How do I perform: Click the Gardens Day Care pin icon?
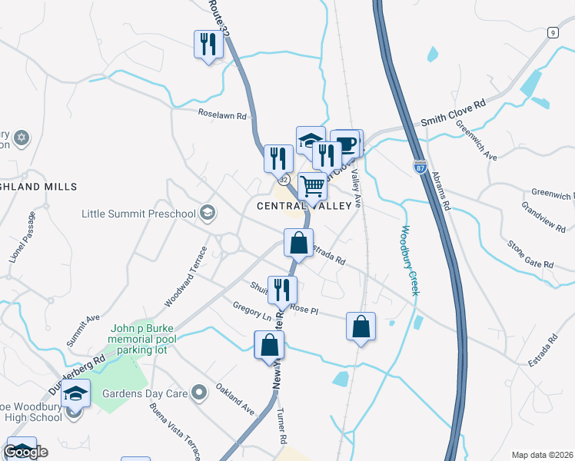pyautogui.click(x=200, y=394)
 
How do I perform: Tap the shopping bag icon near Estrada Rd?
pyautogui.click(x=298, y=243)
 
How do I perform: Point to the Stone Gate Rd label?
pyautogui.click(x=530, y=254)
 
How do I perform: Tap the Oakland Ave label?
pyautogui.click(x=234, y=398)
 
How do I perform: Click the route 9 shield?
pyautogui.click(x=552, y=32)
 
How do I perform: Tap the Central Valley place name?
pyautogui.click(x=307, y=206)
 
